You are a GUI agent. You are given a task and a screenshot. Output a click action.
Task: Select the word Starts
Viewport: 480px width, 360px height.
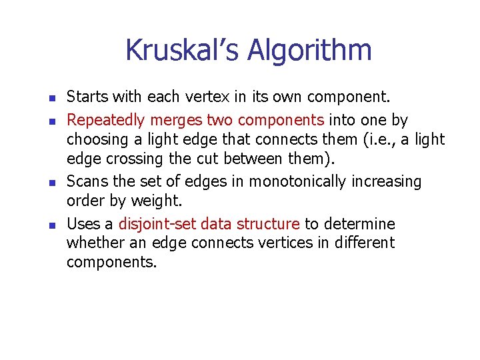87,97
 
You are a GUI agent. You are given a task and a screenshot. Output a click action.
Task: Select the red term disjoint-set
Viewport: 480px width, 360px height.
157,223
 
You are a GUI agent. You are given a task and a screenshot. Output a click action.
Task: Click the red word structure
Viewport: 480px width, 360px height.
268,223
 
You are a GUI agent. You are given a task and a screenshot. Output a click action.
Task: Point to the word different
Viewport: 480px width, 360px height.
364,243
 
